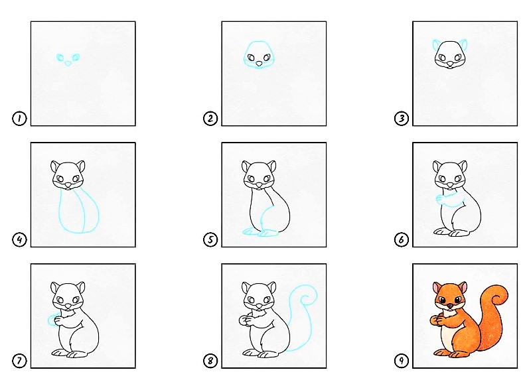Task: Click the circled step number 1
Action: tap(19, 119)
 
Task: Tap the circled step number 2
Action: tap(210, 119)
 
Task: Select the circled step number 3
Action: tap(401, 119)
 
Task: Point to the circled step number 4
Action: tap(19, 240)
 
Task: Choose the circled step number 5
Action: tap(210, 240)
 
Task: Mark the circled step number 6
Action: tap(401, 240)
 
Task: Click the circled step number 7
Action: tap(19, 361)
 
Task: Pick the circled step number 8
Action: tap(210, 361)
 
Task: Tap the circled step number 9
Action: tap(401, 361)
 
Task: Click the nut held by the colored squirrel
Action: tap(435, 321)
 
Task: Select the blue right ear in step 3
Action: tap(464, 46)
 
